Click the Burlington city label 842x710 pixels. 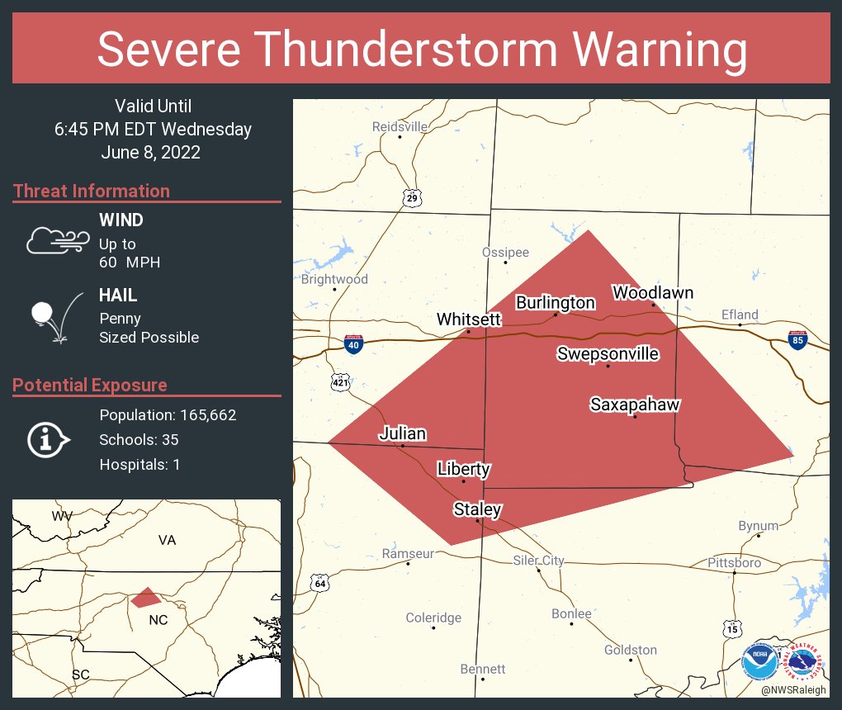[x=555, y=302]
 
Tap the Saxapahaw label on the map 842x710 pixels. [x=634, y=405]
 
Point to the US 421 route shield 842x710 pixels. [x=340, y=381]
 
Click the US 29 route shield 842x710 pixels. [x=413, y=198]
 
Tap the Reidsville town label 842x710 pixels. [x=400, y=126]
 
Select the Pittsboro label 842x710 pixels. [x=734, y=562]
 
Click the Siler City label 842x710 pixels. [x=538, y=561]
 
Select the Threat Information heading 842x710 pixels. [x=92, y=191]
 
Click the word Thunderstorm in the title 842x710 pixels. [x=422, y=49]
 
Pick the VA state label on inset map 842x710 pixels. [x=168, y=540]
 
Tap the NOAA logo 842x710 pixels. [x=759, y=662]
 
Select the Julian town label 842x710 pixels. [x=402, y=433]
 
